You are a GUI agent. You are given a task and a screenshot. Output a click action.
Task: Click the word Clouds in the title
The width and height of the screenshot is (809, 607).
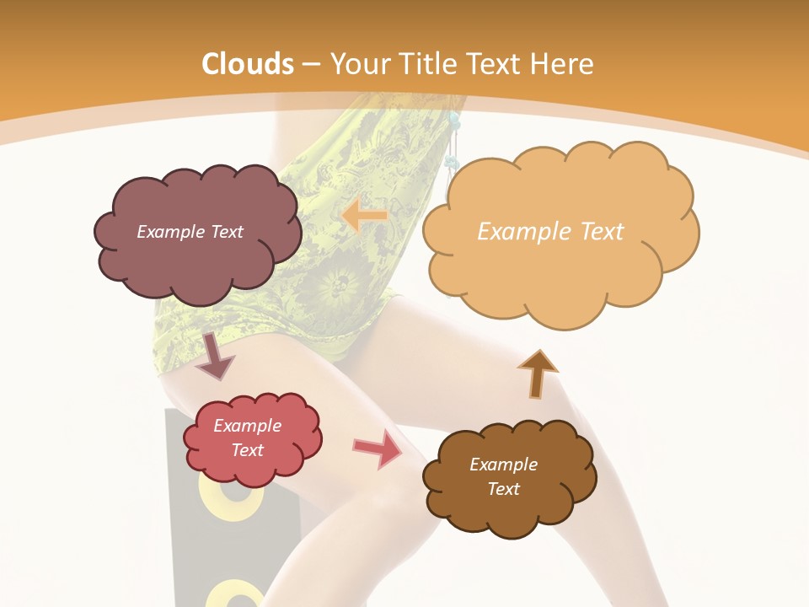(248, 64)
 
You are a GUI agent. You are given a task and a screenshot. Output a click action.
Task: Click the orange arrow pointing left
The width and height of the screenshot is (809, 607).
(364, 216)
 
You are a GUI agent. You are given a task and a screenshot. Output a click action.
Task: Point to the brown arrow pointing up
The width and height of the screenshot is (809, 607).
(537, 373)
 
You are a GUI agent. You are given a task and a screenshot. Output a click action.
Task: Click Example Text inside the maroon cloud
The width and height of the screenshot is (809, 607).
(190, 232)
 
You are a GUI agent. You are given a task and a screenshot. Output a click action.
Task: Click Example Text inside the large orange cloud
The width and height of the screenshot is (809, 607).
(550, 232)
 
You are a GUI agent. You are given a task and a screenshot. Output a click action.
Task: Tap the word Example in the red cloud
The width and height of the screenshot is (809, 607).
(248, 426)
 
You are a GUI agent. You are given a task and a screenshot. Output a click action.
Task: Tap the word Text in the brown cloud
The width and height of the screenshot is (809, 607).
(503, 489)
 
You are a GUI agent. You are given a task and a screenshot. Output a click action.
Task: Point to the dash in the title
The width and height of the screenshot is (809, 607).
(309, 64)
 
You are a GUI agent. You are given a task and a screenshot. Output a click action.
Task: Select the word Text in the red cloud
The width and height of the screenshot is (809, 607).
(248, 450)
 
